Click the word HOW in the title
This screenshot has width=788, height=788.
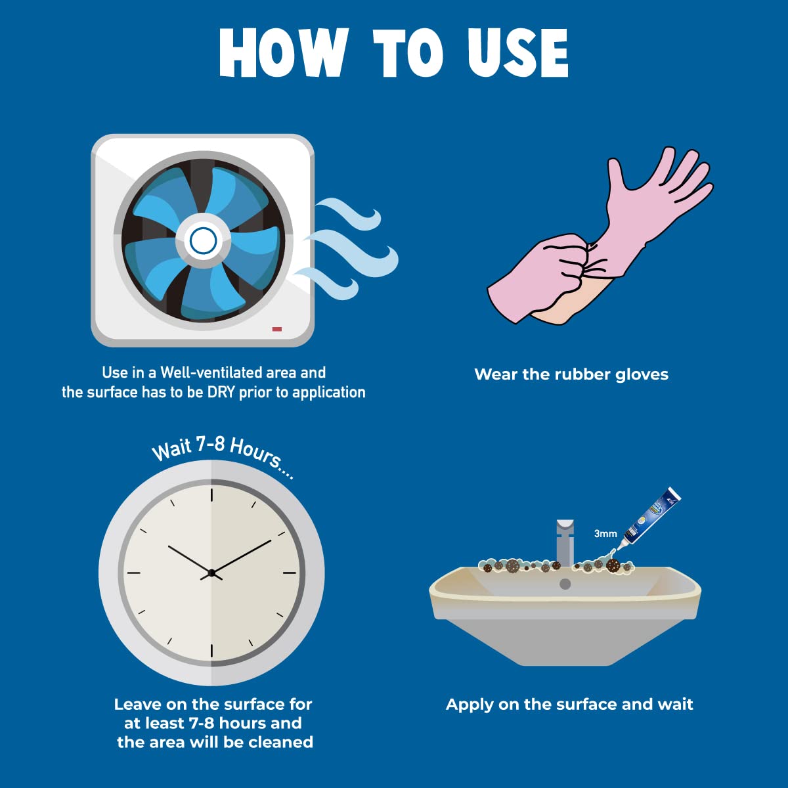(284, 53)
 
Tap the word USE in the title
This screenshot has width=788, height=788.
(518, 53)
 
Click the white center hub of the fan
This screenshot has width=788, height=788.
(203, 241)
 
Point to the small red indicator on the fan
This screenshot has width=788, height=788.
(277, 329)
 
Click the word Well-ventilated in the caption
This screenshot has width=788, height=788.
(211, 372)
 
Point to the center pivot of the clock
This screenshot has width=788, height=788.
(211, 573)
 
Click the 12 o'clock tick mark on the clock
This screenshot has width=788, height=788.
(211, 495)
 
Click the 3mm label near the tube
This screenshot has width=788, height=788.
(605, 533)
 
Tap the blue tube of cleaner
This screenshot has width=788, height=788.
(651, 517)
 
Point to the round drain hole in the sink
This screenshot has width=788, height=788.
(565, 584)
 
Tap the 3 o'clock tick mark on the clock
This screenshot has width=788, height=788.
(289, 573)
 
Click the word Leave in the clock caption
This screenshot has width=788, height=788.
(136, 704)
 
